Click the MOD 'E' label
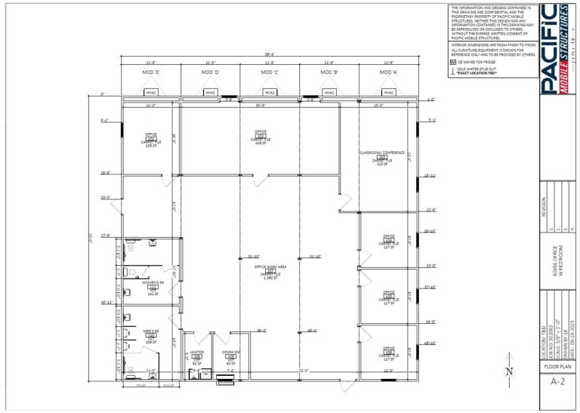tap(150, 72)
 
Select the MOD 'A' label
tap(387, 72)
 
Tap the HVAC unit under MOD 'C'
tap(270, 92)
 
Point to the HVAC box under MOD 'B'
tap(329, 92)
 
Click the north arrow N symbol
tap(510, 370)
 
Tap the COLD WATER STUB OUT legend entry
tap(483, 71)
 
